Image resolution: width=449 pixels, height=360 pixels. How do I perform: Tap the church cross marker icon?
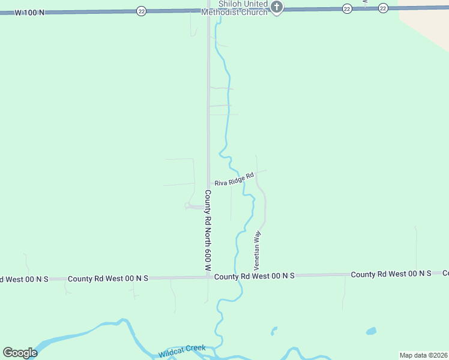tap(276, 7)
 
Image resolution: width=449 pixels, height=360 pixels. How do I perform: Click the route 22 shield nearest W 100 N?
tap(140, 11)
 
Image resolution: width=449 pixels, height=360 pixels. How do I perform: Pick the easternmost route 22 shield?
tap(383, 8)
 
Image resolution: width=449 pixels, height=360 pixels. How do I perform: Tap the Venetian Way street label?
tap(257, 248)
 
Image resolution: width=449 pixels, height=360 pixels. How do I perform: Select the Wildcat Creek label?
tap(182, 352)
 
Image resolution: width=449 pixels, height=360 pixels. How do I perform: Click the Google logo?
tap(20, 352)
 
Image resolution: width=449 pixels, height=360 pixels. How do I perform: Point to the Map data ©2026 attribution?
tap(423, 355)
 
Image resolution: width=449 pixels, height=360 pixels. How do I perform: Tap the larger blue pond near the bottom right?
tap(371, 331)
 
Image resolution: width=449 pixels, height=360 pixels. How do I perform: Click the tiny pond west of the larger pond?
tap(274, 330)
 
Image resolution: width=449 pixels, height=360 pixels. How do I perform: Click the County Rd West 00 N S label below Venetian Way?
tap(255, 276)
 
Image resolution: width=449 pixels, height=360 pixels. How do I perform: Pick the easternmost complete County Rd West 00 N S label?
tap(391, 274)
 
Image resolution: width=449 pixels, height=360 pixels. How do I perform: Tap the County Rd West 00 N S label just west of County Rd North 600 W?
tap(108, 278)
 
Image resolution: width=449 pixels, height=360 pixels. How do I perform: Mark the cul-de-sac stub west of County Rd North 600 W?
tap(188, 206)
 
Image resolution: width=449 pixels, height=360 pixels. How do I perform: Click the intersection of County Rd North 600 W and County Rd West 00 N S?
tap(208, 277)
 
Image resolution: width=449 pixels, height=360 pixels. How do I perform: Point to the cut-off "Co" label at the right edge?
tap(445, 274)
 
